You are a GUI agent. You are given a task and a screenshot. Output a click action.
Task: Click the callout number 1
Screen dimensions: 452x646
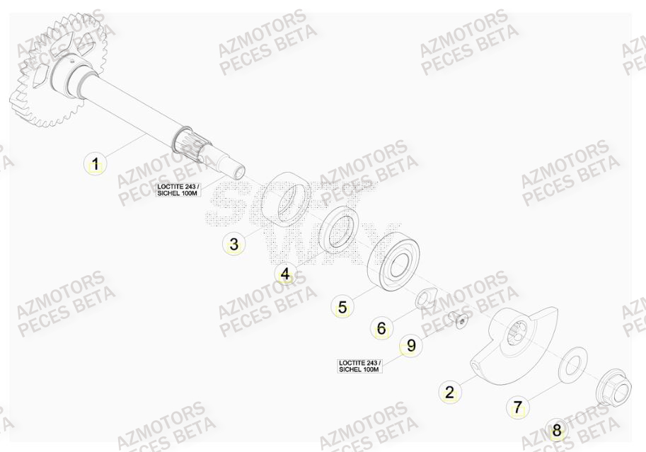94,165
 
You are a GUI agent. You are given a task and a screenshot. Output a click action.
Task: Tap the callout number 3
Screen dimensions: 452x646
233,245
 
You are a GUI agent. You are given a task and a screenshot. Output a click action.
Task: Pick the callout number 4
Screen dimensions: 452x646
284,274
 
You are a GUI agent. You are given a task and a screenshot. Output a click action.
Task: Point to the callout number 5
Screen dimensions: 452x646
342,307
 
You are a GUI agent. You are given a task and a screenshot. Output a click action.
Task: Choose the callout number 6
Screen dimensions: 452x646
381,328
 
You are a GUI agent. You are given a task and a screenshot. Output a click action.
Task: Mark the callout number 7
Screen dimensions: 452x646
517,407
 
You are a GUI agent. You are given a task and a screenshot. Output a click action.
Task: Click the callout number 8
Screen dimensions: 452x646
556,430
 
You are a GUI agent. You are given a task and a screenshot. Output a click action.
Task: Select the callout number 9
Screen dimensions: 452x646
410,346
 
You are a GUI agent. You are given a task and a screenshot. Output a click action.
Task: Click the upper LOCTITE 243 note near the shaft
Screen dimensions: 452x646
178,189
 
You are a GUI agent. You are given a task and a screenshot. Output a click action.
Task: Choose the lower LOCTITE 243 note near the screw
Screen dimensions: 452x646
359,365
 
